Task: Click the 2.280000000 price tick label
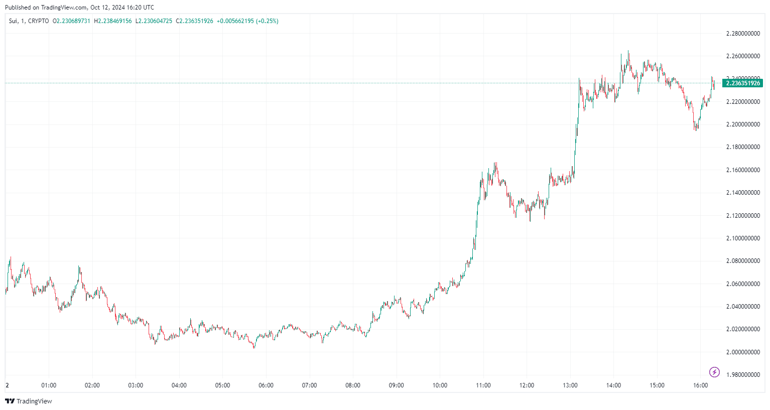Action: tap(743, 34)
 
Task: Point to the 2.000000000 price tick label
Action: tap(743, 352)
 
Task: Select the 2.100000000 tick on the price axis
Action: tap(743, 238)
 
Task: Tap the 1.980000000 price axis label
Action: tap(743, 375)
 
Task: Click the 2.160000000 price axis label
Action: tap(743, 170)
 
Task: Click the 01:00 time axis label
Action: tap(49, 385)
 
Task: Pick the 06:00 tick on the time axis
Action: tap(266, 385)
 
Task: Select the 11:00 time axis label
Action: tap(483, 385)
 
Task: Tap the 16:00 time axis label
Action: tap(700, 385)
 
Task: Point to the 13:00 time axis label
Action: tap(570, 385)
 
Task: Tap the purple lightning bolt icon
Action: tap(714, 372)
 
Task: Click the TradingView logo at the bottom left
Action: tap(29, 401)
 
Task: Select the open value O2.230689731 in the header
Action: tap(72, 21)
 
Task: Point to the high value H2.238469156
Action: tap(113, 21)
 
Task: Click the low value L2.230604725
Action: tap(154, 21)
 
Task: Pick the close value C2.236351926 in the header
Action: tap(195, 21)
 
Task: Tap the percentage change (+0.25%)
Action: tap(268, 21)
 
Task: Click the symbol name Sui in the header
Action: tap(14, 21)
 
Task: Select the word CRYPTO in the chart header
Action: tap(39, 21)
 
